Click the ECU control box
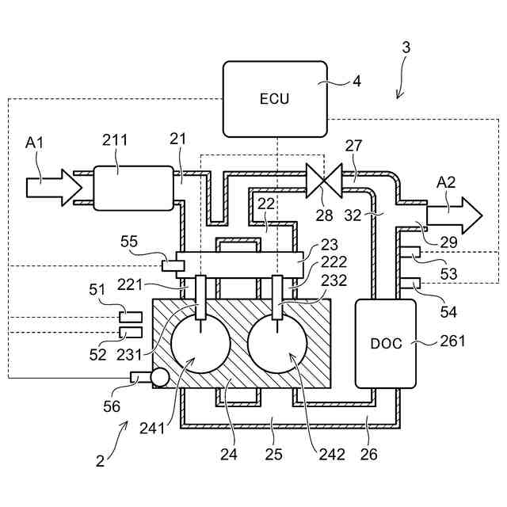point(275,99)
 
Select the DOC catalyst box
point(386,344)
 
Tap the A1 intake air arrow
point(54,188)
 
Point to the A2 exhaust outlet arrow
point(454,215)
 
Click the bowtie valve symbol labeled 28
point(324,181)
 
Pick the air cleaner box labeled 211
point(134,189)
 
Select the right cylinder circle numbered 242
point(277,344)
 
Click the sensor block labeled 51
point(131,317)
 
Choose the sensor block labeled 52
point(131,332)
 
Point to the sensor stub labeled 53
point(410,252)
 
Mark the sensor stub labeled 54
point(410,284)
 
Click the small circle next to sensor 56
point(160,378)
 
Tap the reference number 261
point(452,341)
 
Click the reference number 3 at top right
point(406,48)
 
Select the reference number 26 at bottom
point(369,454)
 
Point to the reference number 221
point(130,285)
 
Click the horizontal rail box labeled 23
point(239,265)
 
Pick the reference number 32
point(353,215)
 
